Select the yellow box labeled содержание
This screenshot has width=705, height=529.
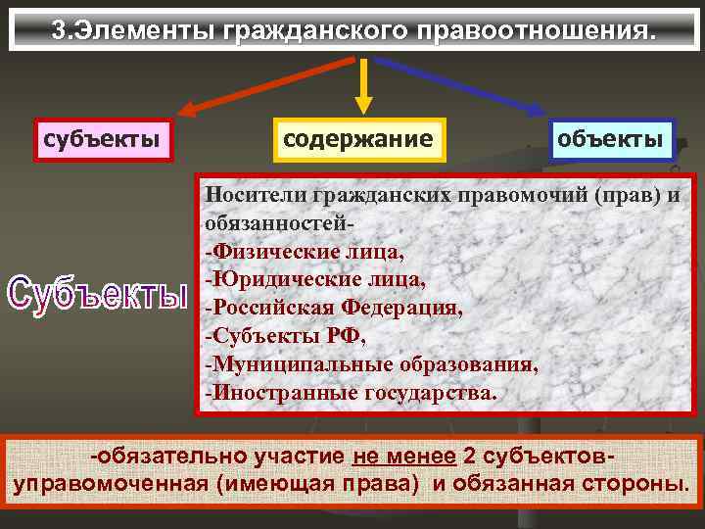[x=357, y=138]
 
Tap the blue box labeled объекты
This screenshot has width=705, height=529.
[x=610, y=138]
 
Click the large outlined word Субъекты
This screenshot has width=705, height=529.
[x=95, y=292]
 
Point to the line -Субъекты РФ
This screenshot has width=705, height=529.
[x=285, y=336]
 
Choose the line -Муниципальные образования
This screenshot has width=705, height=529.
[x=371, y=364]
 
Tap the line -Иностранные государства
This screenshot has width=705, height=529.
[x=351, y=393]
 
